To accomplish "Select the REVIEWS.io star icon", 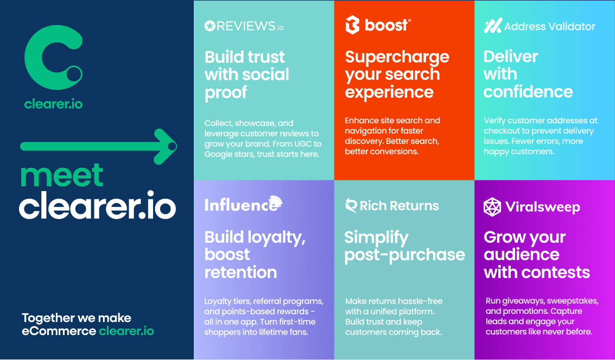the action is (x=210, y=26).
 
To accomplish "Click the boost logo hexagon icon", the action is (x=352, y=25).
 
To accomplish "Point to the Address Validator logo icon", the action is (x=493, y=26).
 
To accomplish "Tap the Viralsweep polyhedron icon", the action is (x=492, y=207).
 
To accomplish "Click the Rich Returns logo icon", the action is (x=351, y=205).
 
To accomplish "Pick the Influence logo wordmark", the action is (x=243, y=204).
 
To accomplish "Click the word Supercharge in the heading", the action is (x=397, y=58).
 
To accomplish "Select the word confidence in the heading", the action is (x=528, y=92).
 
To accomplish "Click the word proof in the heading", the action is (x=225, y=93).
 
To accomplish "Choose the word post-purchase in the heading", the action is (x=405, y=255).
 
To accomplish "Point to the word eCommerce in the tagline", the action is (x=59, y=331).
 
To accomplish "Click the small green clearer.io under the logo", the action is (x=53, y=104).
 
